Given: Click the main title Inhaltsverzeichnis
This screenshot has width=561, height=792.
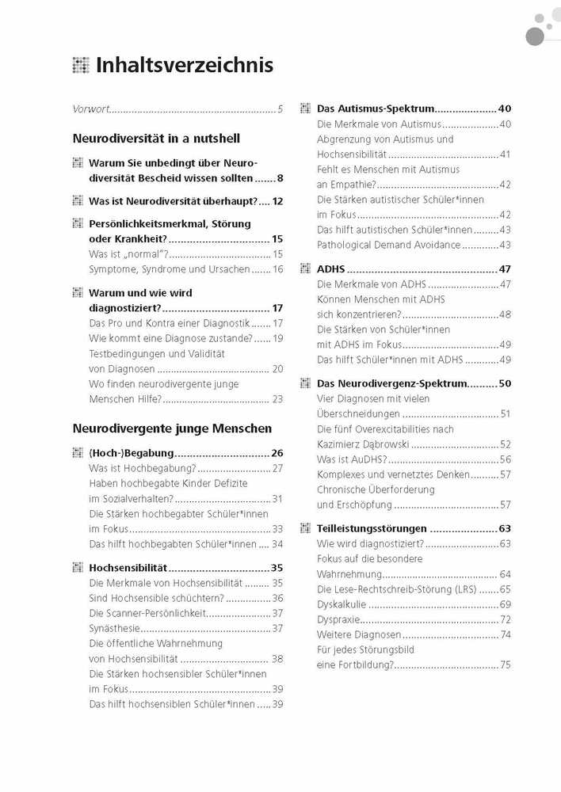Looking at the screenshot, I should click(184, 65).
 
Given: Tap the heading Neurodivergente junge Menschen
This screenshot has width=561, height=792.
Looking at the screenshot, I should click(172, 428).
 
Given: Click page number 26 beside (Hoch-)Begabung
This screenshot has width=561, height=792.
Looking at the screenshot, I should click(277, 454).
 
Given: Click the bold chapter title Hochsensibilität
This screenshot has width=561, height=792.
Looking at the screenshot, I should click(128, 568).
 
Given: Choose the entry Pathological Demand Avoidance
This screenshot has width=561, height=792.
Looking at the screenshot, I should click(388, 245).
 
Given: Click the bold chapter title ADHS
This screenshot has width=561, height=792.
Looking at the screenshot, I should click(330, 269).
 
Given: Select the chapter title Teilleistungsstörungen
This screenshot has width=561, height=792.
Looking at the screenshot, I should click(372, 528).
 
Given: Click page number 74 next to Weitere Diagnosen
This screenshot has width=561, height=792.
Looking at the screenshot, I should click(505, 634).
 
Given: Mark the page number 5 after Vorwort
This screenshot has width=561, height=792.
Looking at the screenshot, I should click(280, 109).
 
